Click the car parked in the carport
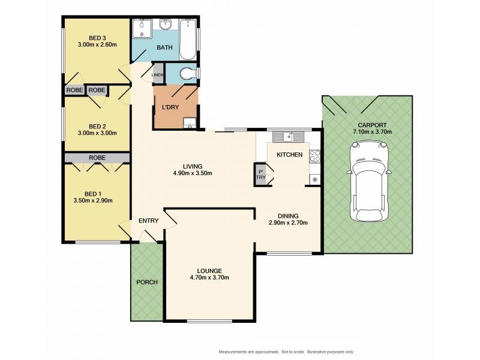point(370,181)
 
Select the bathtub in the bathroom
point(187,40)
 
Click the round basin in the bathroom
point(166,24)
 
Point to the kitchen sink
point(288,137)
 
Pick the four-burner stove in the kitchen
point(314,155)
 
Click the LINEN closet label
point(157,74)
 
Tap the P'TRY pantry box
point(261,175)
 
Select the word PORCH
point(147,282)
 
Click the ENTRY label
point(148,221)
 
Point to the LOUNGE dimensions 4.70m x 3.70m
point(209,278)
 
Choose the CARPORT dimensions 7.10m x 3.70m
point(372,132)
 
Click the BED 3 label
point(97,38)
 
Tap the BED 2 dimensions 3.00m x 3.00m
point(97,133)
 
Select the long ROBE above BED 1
point(97,158)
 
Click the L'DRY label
point(170,107)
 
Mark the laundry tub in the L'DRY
point(190,123)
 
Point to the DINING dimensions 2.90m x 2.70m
point(288,223)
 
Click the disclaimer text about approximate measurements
point(286,352)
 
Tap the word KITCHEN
point(290,155)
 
